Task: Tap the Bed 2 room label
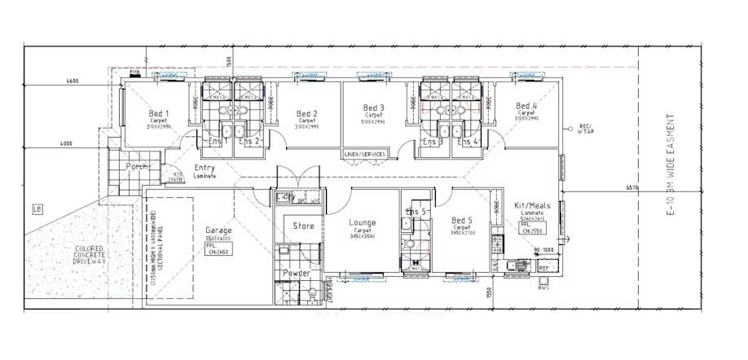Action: coord(306,114)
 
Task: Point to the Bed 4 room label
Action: coord(526,107)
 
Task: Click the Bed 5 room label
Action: coord(463,220)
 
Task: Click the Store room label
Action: coord(303,226)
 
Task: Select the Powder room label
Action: coord(296,273)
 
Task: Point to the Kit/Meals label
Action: coord(534,206)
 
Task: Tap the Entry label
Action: coord(205,169)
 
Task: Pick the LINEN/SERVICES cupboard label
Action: coord(364,153)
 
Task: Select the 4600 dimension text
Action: coord(71,81)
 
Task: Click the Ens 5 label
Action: coord(416,212)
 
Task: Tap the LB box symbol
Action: coord(37,208)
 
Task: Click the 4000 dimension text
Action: coord(66,143)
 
